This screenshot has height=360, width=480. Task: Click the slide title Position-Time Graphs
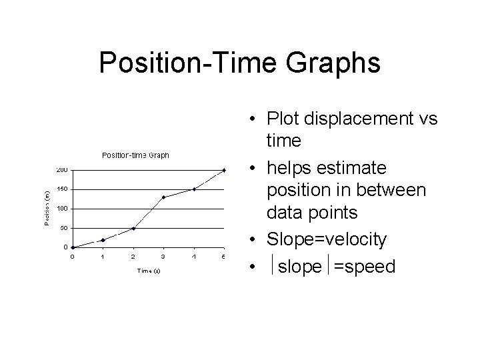click(239, 63)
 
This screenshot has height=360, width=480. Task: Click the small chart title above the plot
click(135, 155)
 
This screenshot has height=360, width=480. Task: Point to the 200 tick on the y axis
click(61, 170)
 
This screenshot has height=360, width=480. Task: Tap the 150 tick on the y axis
click(61, 189)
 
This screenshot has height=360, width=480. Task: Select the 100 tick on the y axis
click(61, 209)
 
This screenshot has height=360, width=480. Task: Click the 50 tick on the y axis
click(62, 228)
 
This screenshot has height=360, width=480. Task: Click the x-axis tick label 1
click(103, 257)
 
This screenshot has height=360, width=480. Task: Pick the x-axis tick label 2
click(133, 257)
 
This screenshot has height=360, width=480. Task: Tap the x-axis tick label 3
click(163, 257)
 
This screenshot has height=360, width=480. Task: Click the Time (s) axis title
click(149, 271)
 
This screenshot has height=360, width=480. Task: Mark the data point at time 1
click(103, 240)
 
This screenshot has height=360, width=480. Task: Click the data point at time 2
click(133, 228)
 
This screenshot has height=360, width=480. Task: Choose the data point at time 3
click(163, 197)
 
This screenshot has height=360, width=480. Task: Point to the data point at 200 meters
click(225, 170)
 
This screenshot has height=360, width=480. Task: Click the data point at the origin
click(73, 247)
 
